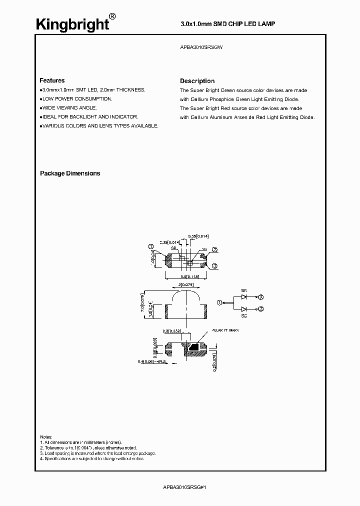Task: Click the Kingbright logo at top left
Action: [72, 23]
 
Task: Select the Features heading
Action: [52, 80]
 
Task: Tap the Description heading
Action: [197, 81]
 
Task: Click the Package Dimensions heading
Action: [70, 173]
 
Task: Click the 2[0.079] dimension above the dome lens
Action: [186, 285]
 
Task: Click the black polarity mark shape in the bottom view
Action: [192, 345]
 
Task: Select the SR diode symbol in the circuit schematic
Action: [244, 296]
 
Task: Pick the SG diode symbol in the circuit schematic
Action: [244, 309]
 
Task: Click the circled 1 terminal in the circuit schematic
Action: [219, 302]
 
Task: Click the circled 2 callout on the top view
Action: [214, 250]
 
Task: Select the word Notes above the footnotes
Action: [46, 436]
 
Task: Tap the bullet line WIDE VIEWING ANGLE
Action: [69, 107]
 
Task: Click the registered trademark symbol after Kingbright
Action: [113, 16]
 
